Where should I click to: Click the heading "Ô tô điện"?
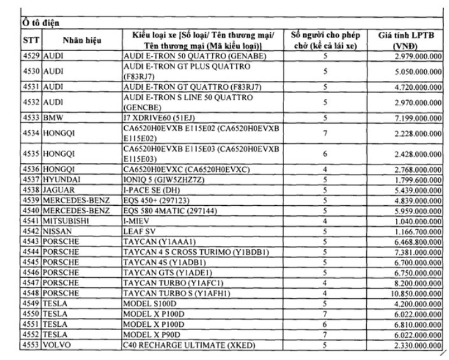[39, 24]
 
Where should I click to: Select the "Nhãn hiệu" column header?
[81, 40]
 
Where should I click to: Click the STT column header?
[31, 40]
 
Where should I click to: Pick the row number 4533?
[31, 119]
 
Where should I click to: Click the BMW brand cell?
[53, 119]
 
